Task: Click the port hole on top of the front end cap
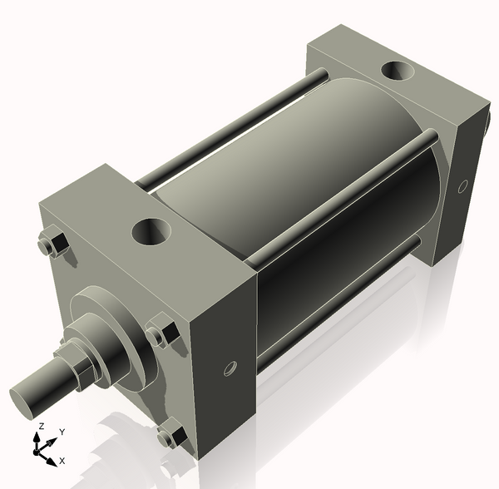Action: pyautogui.click(x=152, y=230)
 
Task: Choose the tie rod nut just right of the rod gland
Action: pyautogui.click(x=160, y=334)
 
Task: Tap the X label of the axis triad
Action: pyautogui.click(x=62, y=460)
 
